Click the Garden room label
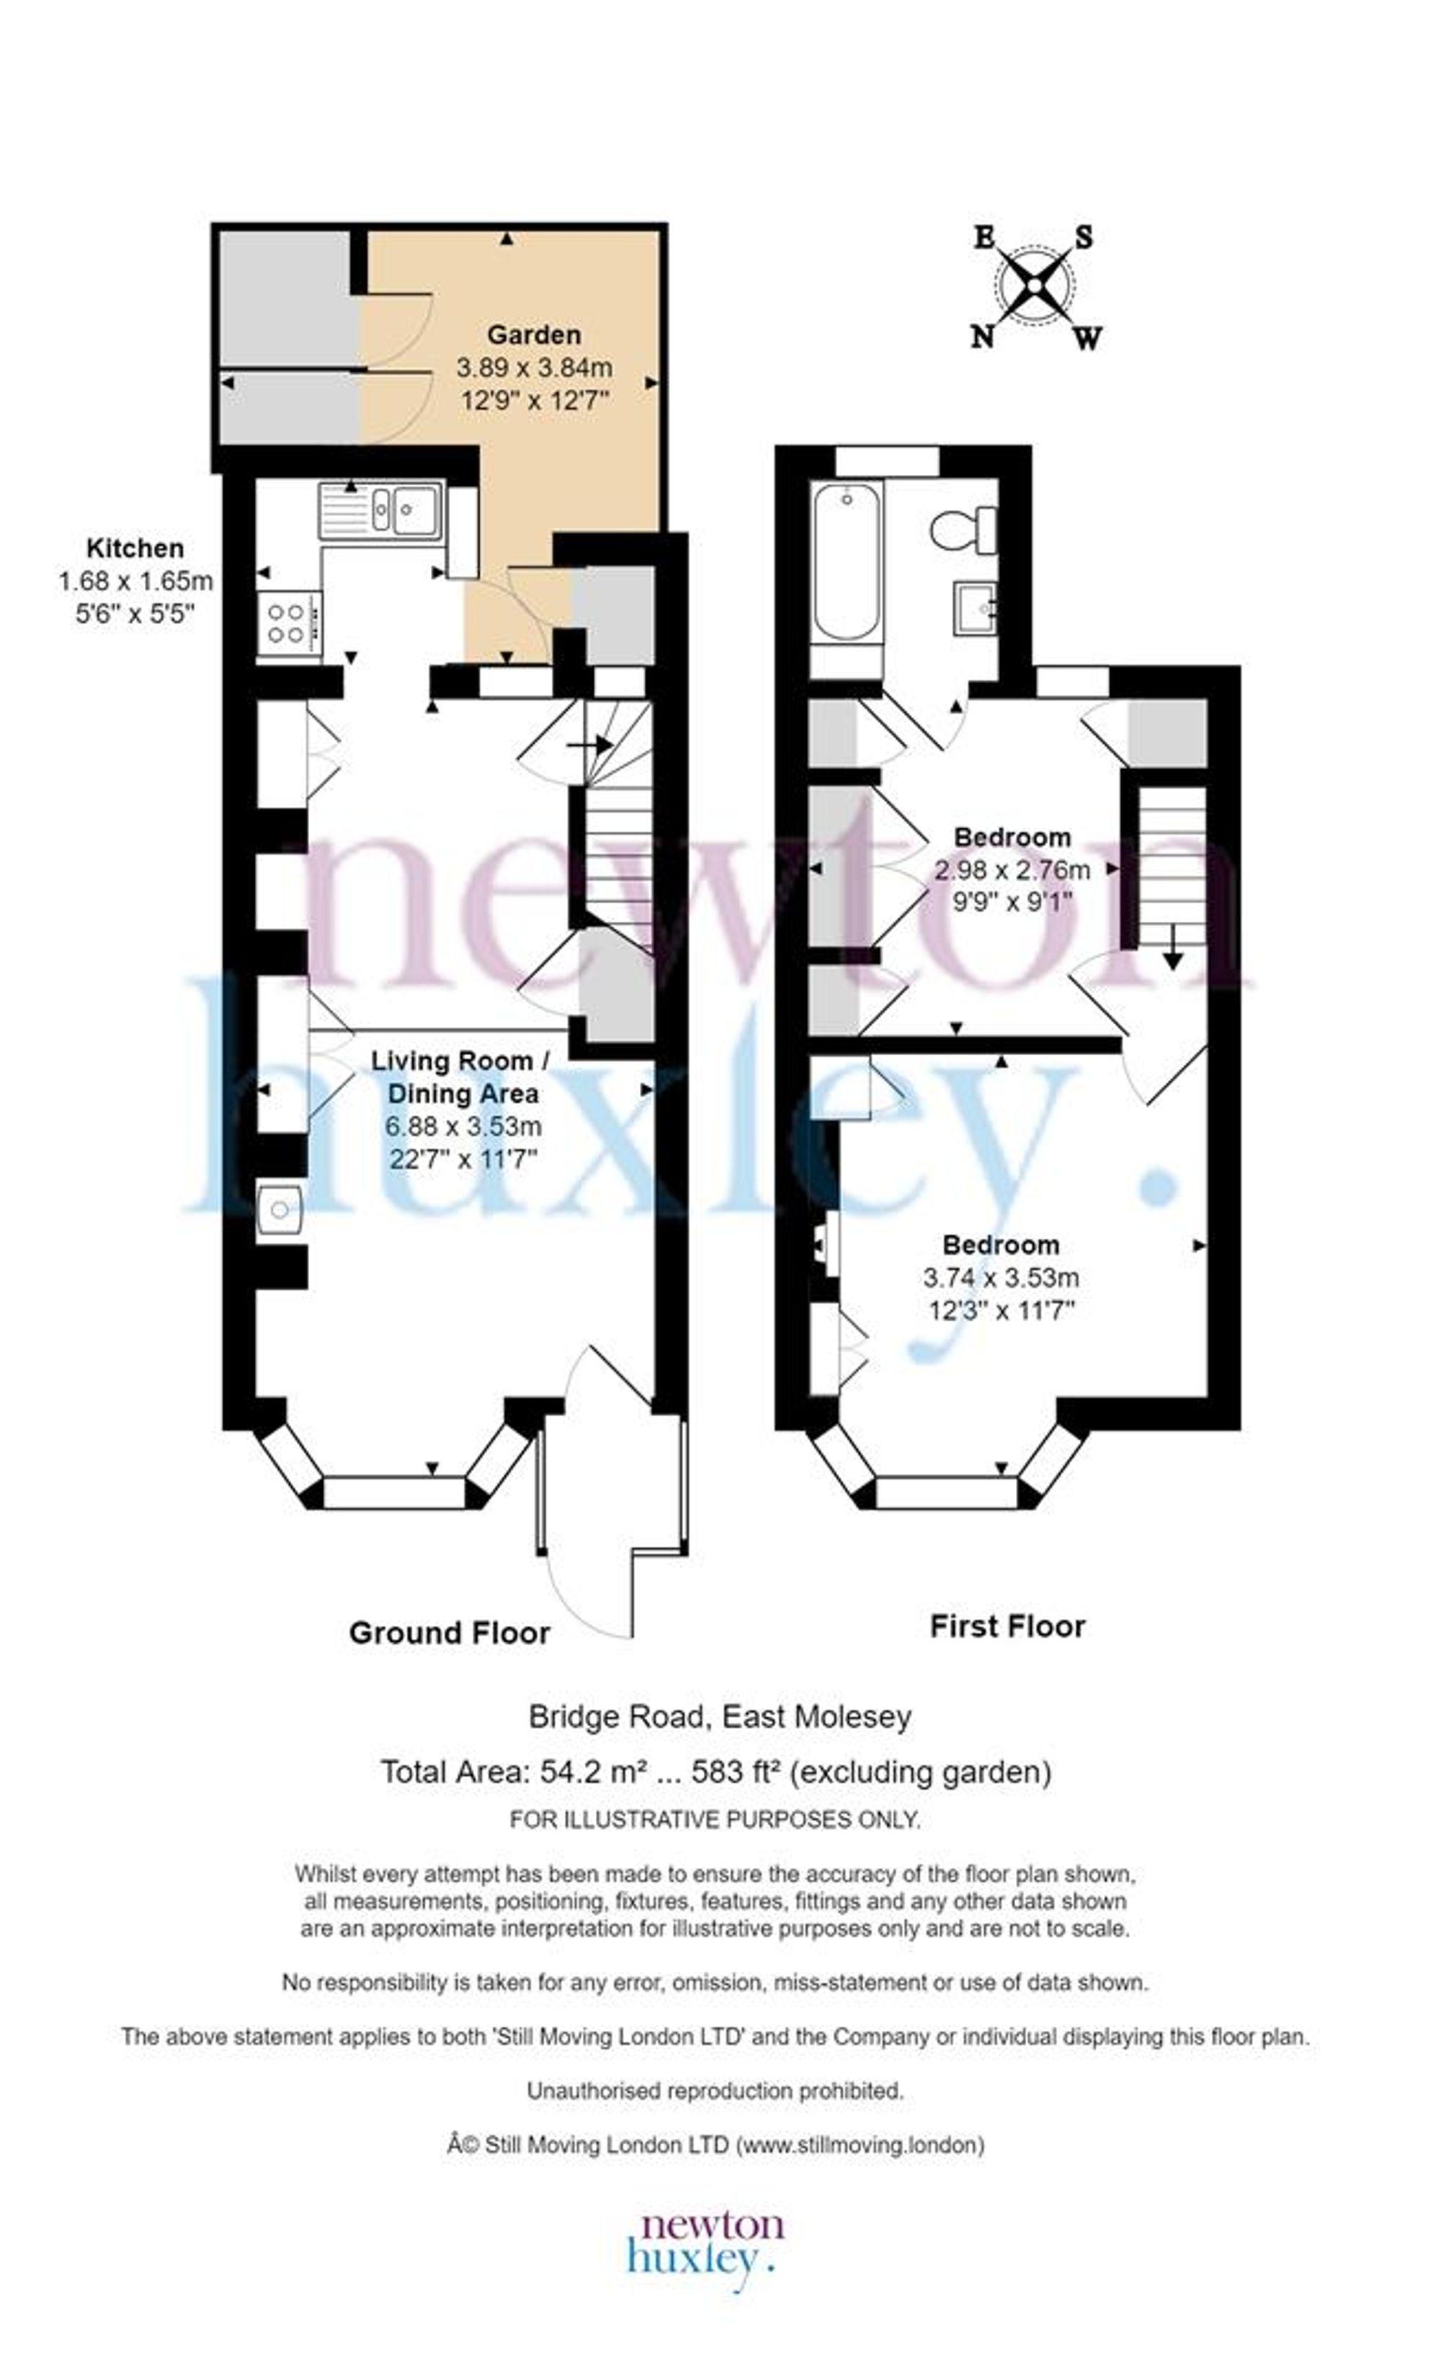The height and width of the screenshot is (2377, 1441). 533,334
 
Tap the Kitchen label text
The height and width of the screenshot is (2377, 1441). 135,548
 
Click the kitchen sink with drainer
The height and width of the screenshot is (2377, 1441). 381,510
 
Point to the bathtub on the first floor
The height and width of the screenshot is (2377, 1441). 847,561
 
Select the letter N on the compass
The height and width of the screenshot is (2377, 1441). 982,337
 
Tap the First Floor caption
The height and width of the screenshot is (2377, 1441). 1007,1627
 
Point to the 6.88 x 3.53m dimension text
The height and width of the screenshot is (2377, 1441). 463,1126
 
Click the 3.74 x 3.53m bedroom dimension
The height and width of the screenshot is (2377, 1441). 1000,1277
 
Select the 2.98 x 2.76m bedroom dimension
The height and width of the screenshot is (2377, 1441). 1012,870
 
